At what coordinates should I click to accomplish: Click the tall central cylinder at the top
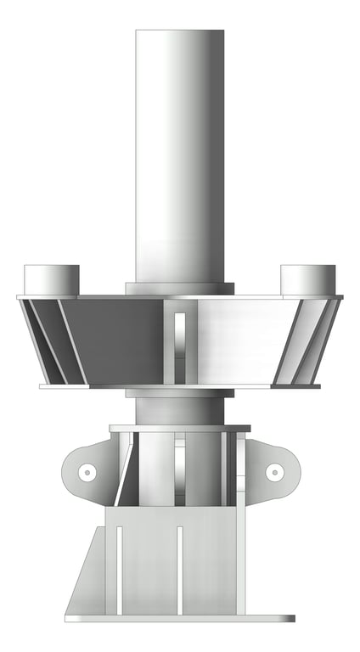click(x=180, y=153)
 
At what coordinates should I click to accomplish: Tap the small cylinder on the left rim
click(x=51, y=279)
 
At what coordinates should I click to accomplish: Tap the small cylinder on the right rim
click(x=307, y=279)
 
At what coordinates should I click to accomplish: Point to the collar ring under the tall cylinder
click(x=180, y=289)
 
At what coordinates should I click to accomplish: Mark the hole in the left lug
click(x=86, y=472)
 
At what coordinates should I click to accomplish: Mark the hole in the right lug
click(x=273, y=472)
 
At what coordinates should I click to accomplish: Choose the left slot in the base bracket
click(x=119, y=569)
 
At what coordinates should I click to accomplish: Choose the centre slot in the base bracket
click(x=180, y=569)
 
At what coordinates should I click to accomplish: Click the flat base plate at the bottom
click(x=180, y=618)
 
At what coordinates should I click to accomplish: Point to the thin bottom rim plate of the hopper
click(x=180, y=386)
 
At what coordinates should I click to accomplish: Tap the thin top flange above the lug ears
click(x=180, y=429)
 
